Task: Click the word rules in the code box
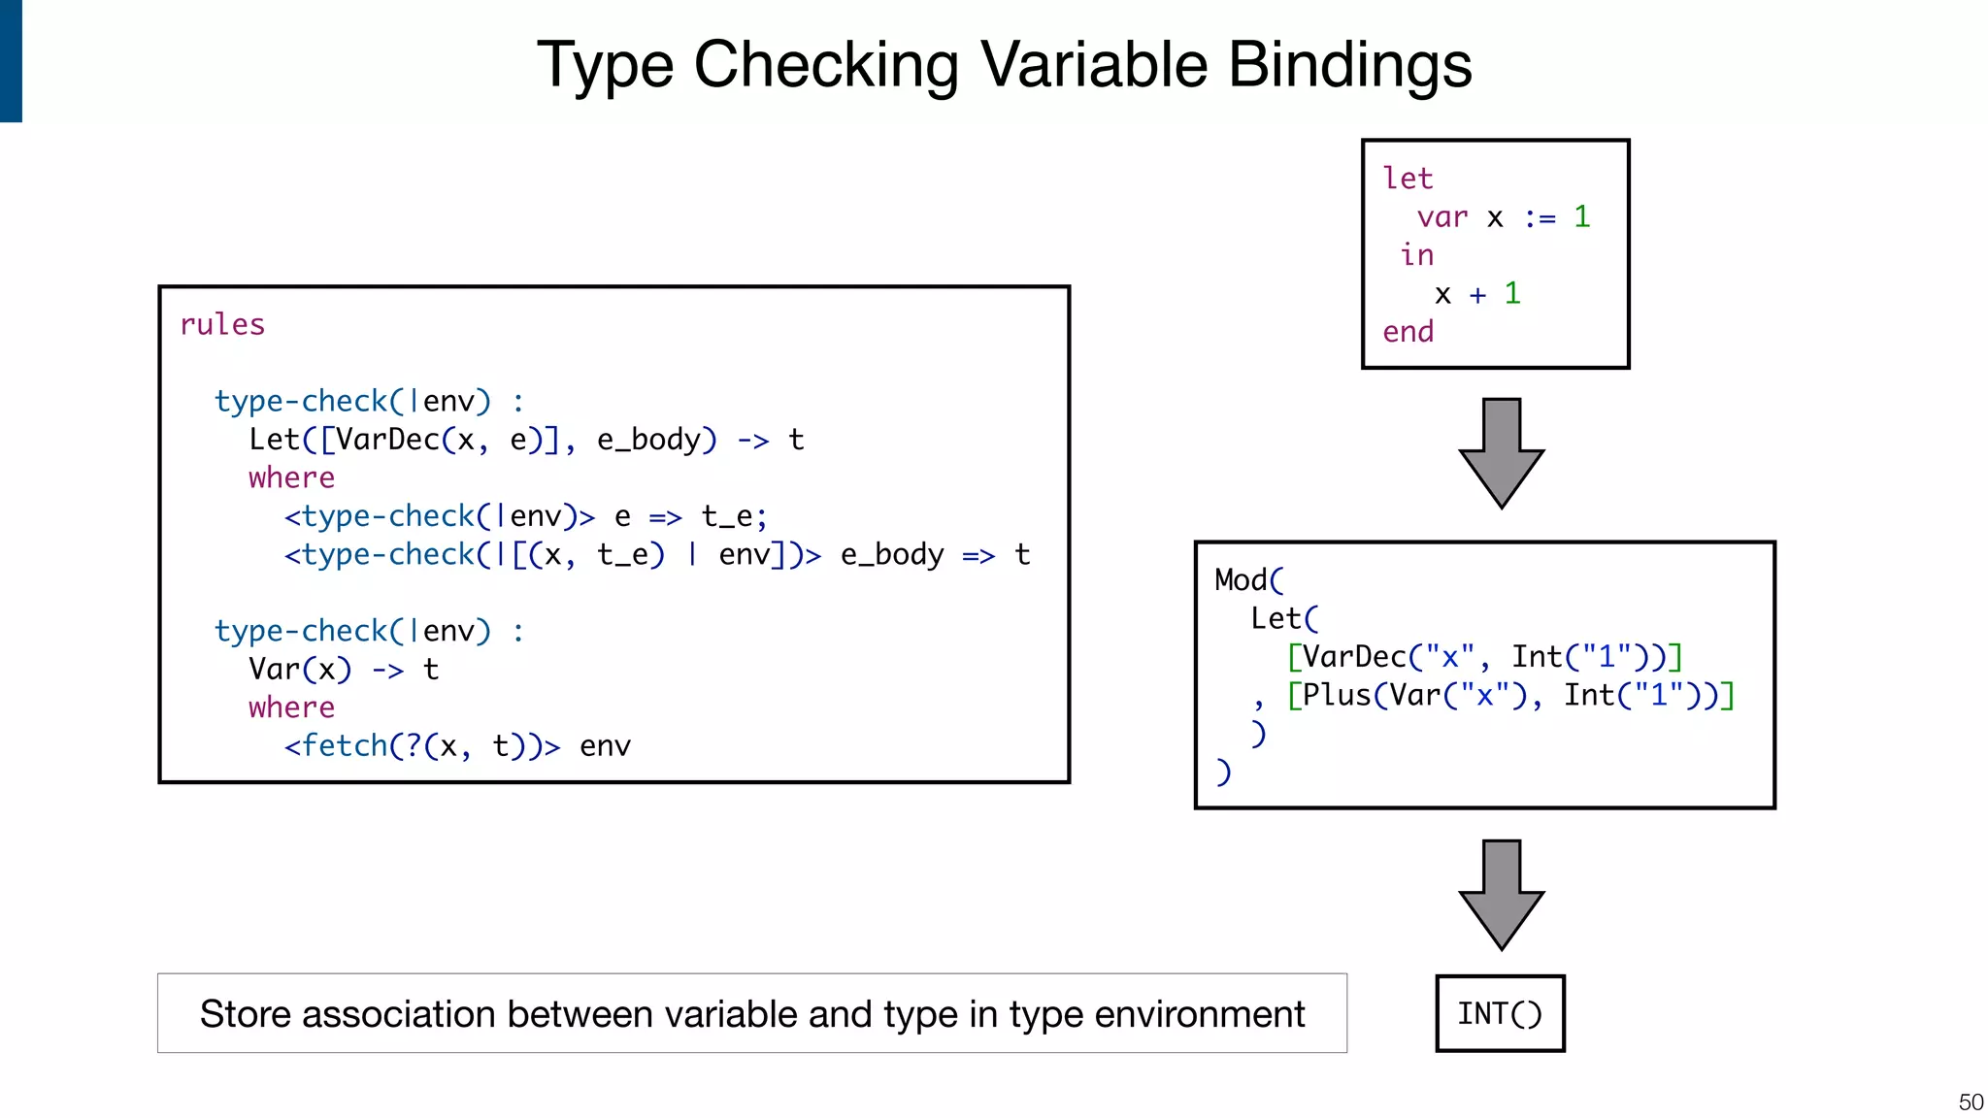tap(222, 324)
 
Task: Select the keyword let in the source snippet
tap(1407, 179)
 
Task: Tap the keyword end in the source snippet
tap(1408, 332)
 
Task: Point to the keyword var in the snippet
tap(1441, 217)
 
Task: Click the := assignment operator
tap(1540, 217)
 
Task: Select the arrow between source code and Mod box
tap(1501, 452)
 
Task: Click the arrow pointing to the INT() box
tap(1501, 894)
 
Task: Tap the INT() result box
tap(1500, 1013)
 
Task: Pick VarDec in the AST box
tap(1354, 657)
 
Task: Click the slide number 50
tap(1971, 1102)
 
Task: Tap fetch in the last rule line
tap(345, 746)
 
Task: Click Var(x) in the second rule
tap(300, 670)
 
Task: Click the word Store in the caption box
tap(244, 1014)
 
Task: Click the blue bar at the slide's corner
tap(11, 60)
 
